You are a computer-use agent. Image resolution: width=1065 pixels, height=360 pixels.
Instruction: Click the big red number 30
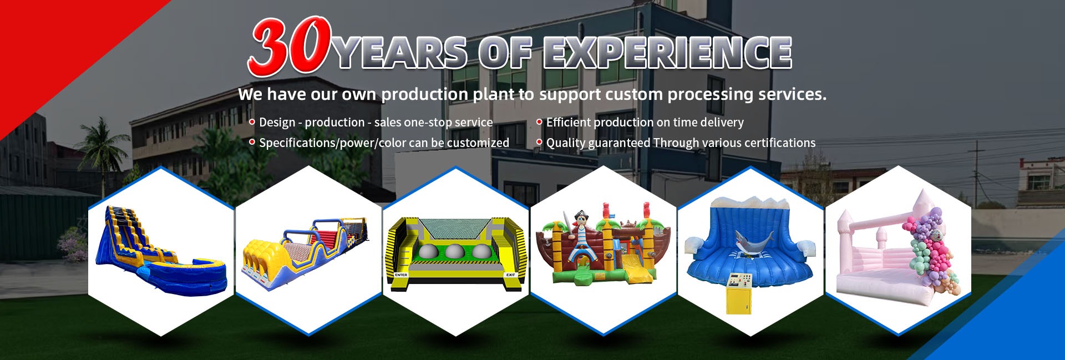pos(290,47)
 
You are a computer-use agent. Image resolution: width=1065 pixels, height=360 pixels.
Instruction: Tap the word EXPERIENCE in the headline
pos(667,53)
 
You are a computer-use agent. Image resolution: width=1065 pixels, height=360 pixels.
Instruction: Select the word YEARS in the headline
pos(400,53)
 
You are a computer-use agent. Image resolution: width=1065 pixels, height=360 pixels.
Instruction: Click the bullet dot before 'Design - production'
pos(252,121)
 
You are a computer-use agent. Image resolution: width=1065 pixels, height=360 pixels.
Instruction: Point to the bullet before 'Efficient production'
pos(539,121)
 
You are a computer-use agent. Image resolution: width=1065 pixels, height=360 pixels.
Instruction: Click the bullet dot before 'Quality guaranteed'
pos(539,142)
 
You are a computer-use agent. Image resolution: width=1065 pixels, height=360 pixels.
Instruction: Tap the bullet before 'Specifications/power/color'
pos(252,142)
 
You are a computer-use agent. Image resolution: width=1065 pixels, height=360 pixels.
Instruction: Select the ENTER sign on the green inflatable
pos(401,275)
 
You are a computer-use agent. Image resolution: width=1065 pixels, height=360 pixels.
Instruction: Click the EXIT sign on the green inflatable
pos(510,275)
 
